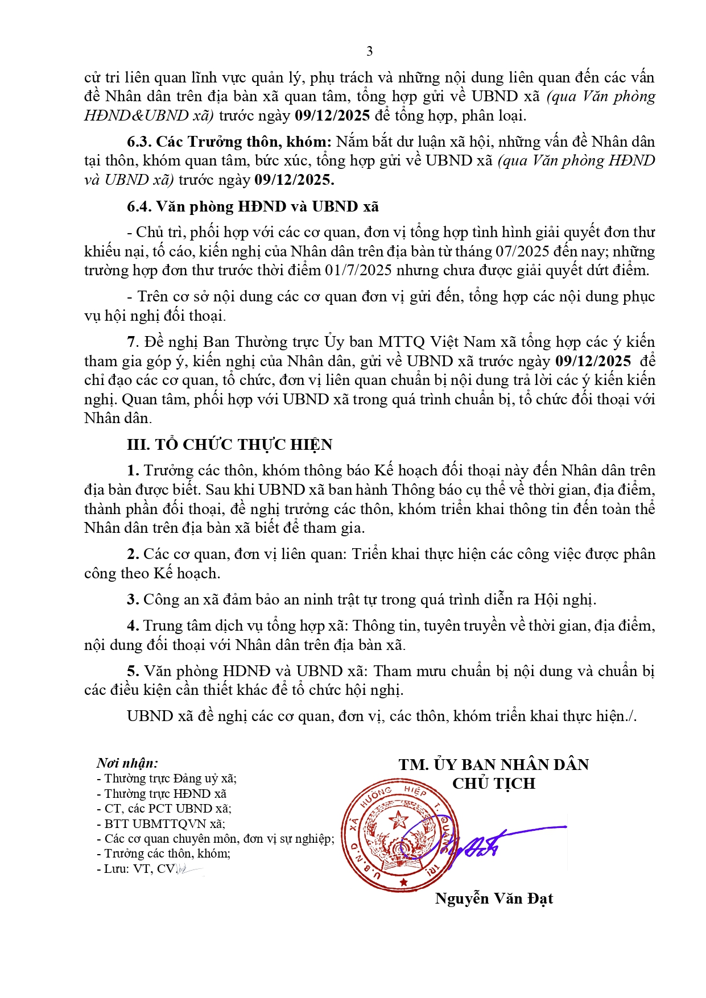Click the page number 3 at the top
370,51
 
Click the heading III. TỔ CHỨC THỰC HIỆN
229,445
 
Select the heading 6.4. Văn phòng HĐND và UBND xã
253,206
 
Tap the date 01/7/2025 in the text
358,270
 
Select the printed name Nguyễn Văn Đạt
494,898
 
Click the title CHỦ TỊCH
494,784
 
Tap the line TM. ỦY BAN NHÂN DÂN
494,765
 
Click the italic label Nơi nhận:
127,763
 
